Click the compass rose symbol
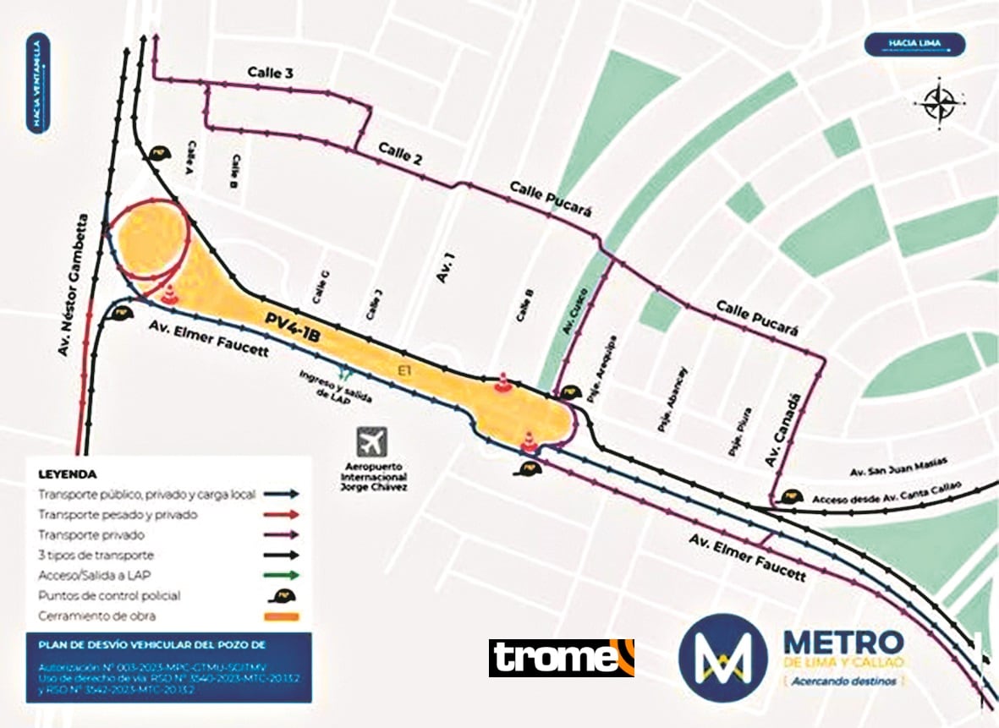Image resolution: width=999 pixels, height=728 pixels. [x=939, y=103]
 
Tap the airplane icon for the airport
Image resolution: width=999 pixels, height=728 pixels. [x=371, y=441]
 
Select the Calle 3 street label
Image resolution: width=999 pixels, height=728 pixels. [x=270, y=74]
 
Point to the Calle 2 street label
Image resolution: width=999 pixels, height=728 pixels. [x=400, y=153]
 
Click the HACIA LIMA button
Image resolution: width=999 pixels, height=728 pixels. [x=914, y=43]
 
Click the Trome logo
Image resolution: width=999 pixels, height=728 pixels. [x=561, y=658]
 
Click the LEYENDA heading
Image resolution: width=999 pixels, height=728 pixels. [x=68, y=474]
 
